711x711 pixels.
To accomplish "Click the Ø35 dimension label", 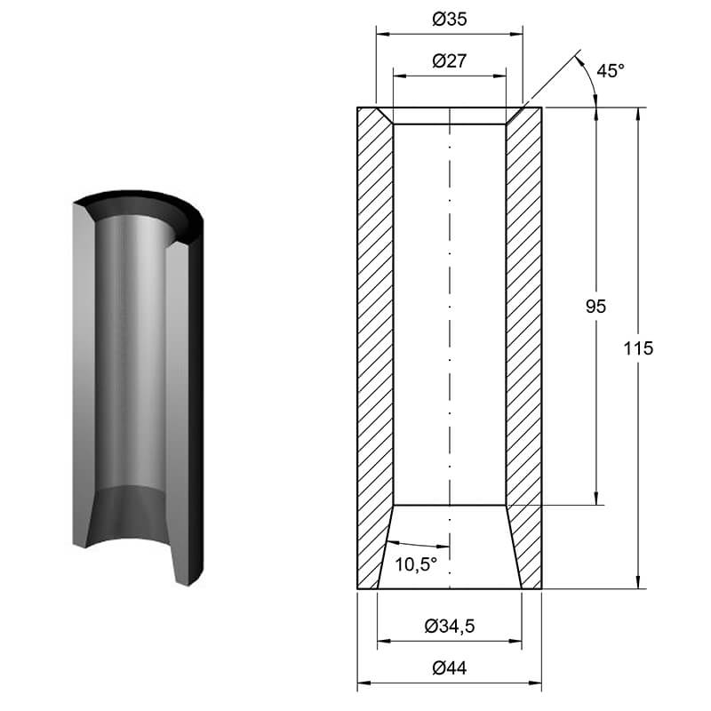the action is [450, 19].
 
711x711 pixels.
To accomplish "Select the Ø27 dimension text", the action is [450, 60].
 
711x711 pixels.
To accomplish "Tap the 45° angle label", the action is [610, 71].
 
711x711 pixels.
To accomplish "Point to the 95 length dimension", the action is [595, 307].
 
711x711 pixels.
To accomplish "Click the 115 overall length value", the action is [638, 348].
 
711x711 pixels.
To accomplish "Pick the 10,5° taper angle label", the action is [416, 564].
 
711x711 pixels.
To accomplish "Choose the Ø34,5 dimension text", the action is [450, 627].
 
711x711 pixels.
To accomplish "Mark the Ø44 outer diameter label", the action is [450, 668].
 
